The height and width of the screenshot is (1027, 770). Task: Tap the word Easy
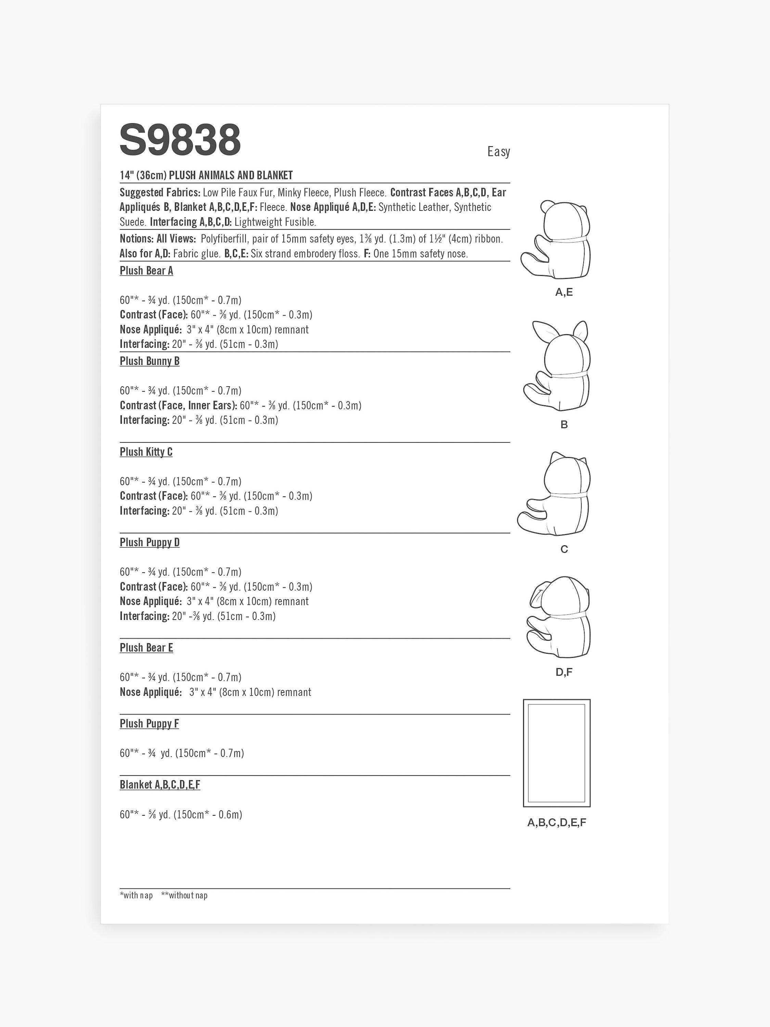(499, 152)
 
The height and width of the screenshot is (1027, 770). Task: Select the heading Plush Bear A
(146, 271)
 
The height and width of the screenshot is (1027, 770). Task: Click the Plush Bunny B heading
(150, 361)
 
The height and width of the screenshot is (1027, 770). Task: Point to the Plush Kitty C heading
(146, 452)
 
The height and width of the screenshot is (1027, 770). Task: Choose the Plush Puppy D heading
(150, 542)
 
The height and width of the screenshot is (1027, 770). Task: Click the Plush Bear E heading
(146, 648)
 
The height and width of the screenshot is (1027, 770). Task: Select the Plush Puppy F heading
(149, 723)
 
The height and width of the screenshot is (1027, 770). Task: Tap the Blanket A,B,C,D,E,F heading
(160, 785)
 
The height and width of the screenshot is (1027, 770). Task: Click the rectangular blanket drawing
(556, 753)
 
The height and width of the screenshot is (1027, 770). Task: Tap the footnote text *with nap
(136, 896)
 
